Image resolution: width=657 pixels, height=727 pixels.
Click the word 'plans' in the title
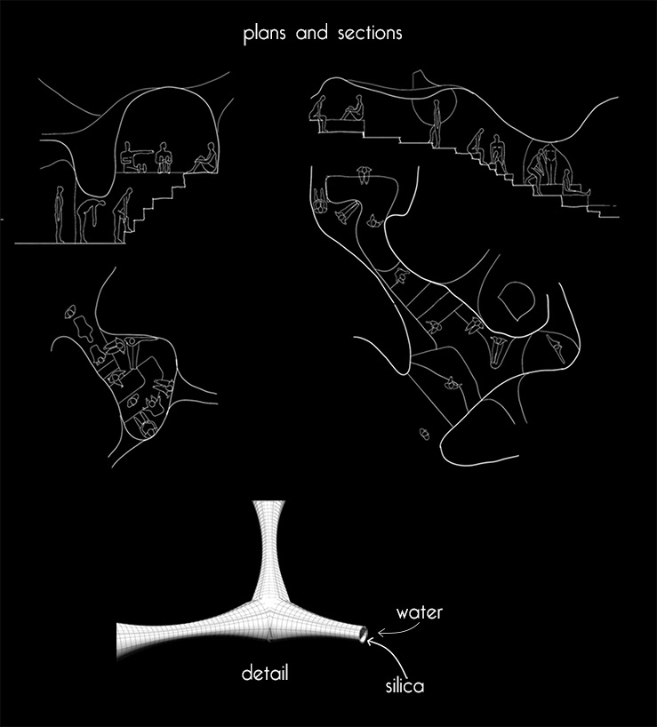(x=264, y=35)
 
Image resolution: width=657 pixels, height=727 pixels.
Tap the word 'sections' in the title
(x=370, y=34)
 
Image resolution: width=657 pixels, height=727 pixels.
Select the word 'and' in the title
(x=311, y=33)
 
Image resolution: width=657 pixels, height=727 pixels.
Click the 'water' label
(x=419, y=612)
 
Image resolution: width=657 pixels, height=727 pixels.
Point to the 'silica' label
(x=405, y=686)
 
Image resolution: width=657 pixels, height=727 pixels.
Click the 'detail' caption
(x=265, y=673)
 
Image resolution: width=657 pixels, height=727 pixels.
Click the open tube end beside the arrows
(x=363, y=634)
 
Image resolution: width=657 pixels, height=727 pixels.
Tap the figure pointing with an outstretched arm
(x=134, y=158)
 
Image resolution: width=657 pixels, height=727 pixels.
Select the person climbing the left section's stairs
(x=123, y=214)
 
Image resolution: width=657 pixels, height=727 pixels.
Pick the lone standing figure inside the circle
(x=435, y=124)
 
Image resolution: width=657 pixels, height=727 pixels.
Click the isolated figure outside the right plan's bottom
(x=425, y=434)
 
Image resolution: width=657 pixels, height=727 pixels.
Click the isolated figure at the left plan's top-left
(x=70, y=312)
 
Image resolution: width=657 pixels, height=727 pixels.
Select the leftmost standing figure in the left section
(x=60, y=214)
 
